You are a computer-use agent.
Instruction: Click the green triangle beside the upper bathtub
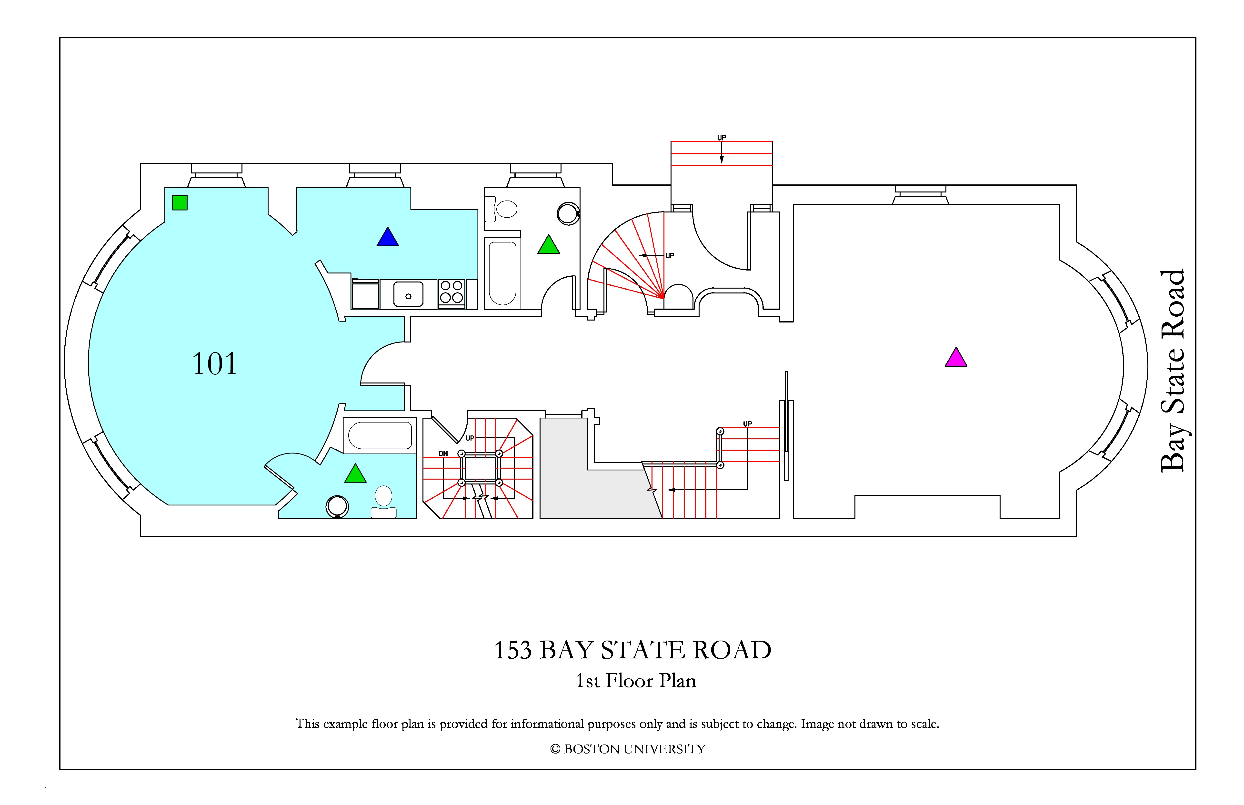tap(549, 245)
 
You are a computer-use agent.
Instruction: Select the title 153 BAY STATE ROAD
tap(632, 650)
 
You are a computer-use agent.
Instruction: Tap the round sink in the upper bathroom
tap(568, 214)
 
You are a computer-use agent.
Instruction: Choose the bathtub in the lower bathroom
tap(380, 435)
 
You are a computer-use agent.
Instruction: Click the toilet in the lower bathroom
tap(384, 502)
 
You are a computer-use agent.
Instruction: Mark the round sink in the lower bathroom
tap(337, 506)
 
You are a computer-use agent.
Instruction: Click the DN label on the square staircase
tap(443, 454)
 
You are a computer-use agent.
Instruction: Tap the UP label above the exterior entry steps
tap(722, 138)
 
